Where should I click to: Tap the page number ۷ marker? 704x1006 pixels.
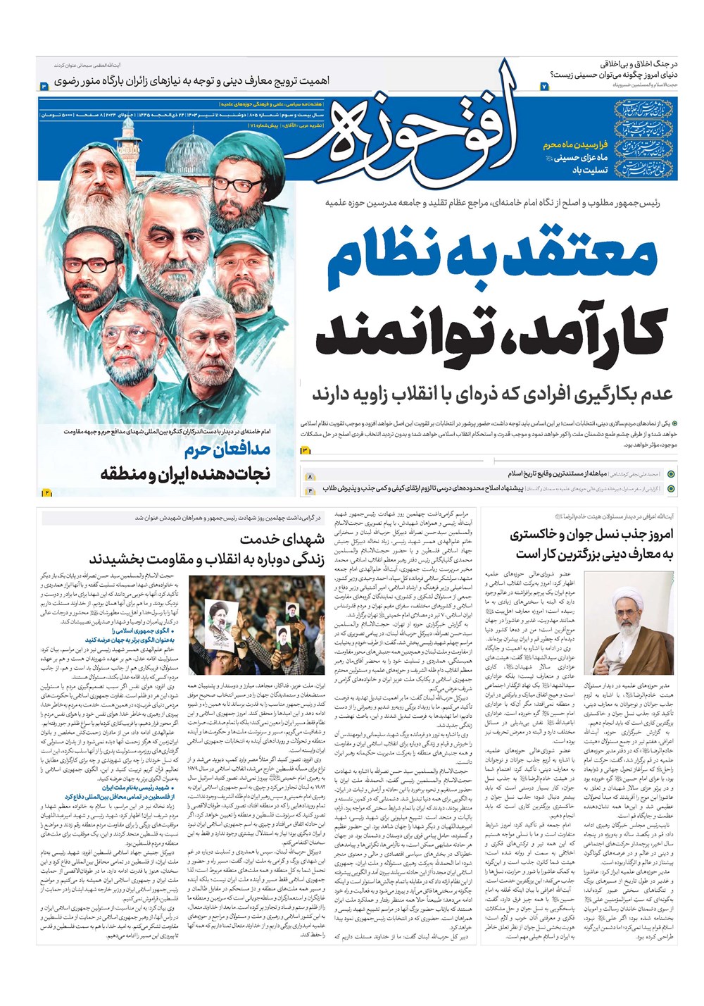(543, 86)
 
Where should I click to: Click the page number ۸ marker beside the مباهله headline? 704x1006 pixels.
(309, 477)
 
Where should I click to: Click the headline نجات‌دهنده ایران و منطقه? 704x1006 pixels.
(186, 473)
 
